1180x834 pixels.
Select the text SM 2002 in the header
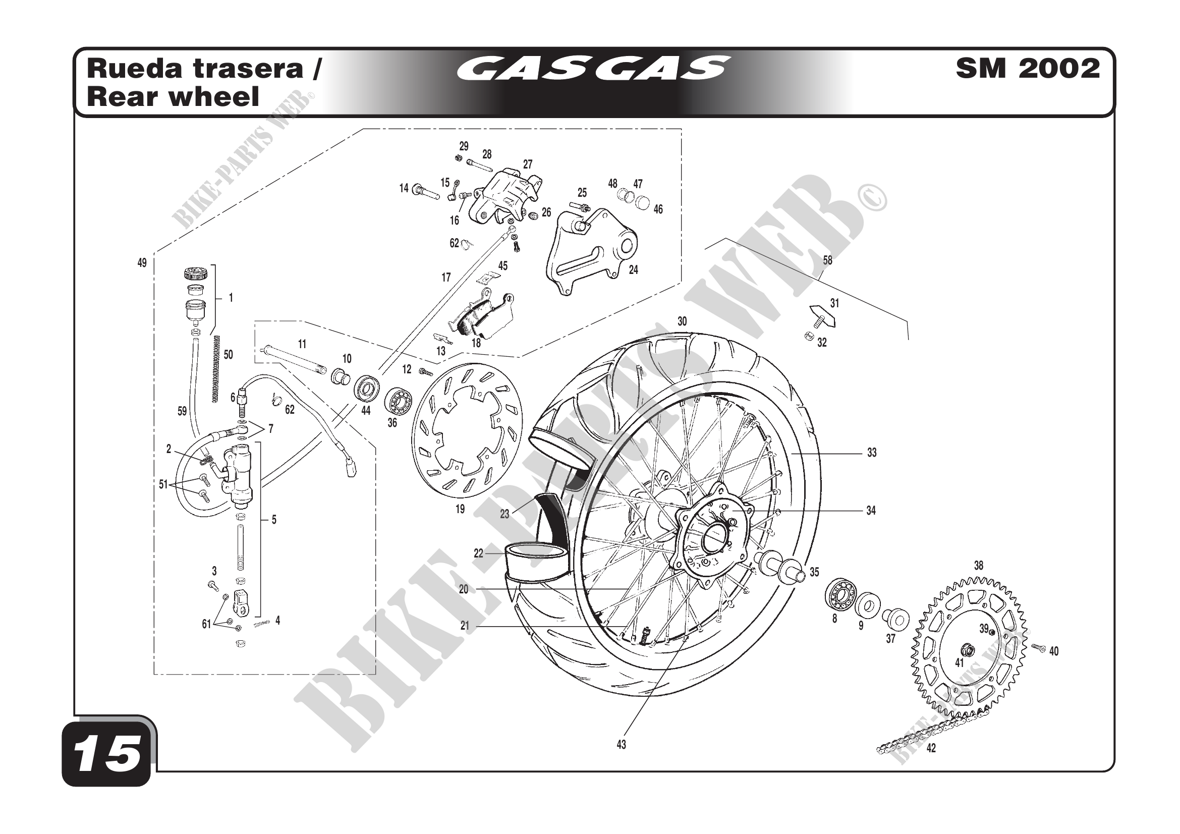[1028, 68]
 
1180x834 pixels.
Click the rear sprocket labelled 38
[969, 647]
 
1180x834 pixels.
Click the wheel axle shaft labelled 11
[293, 360]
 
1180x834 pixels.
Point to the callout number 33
[872, 453]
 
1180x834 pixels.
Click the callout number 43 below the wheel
[622, 744]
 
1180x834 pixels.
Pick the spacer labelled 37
[896, 619]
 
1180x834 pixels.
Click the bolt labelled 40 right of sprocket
[1039, 648]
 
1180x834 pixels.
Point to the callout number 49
[142, 263]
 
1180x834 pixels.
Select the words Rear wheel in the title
[173, 96]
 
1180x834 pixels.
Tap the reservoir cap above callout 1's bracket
[195, 272]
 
